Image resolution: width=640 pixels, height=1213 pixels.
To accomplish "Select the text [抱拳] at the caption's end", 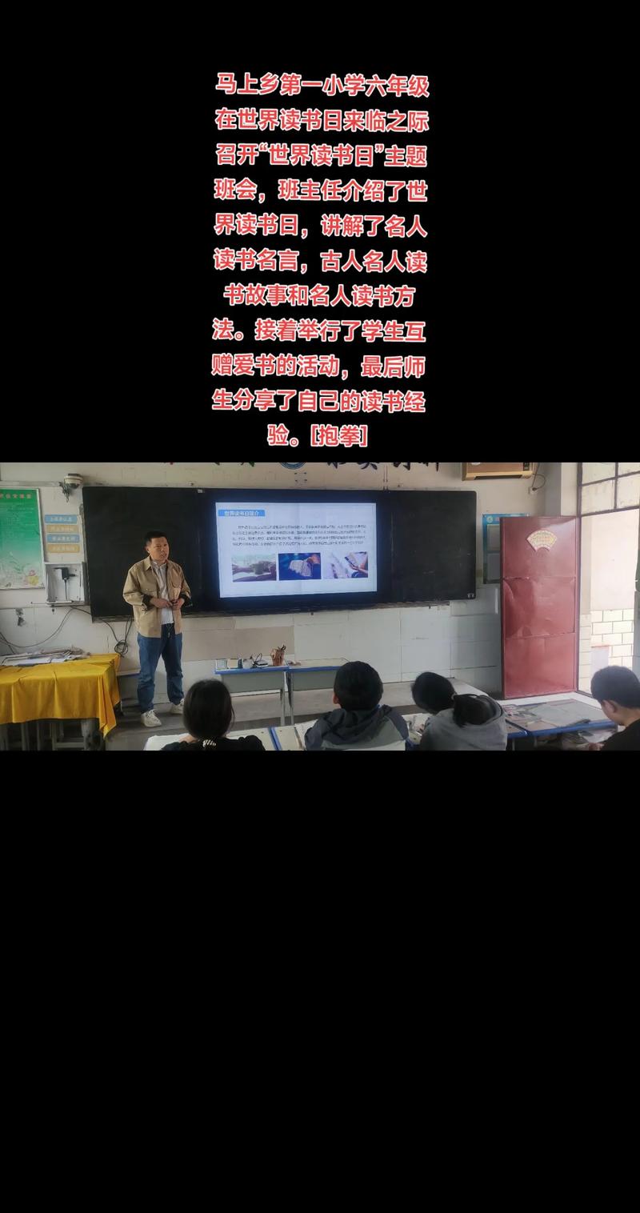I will point(340,436).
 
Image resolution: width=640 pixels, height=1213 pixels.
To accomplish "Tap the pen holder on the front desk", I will point(278,656).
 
